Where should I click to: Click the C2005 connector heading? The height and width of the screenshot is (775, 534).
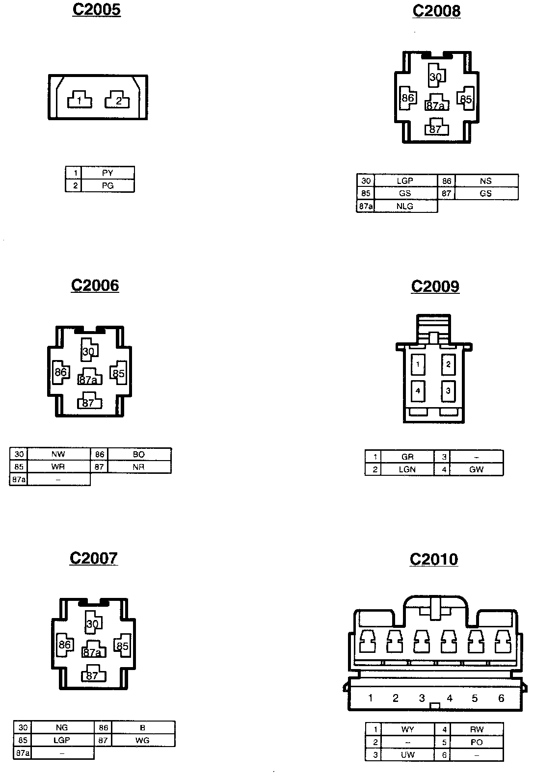click(x=96, y=10)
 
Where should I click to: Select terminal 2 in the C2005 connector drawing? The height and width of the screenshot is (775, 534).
click(x=118, y=101)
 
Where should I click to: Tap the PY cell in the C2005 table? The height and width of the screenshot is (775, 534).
click(x=107, y=173)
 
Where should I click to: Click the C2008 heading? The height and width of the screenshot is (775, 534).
click(x=436, y=11)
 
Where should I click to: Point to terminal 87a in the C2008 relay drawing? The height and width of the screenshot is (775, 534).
click(x=436, y=105)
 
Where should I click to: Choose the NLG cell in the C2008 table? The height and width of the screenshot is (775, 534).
click(x=405, y=207)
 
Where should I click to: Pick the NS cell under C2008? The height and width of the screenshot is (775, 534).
click(x=485, y=181)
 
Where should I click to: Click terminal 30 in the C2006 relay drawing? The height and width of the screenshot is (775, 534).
click(x=89, y=351)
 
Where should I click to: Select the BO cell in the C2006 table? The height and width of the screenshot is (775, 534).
click(x=139, y=454)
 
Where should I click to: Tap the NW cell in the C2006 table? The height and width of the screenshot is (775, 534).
click(x=58, y=454)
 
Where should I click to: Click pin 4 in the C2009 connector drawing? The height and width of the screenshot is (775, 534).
click(x=418, y=391)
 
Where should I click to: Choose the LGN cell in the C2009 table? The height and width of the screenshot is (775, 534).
click(x=407, y=469)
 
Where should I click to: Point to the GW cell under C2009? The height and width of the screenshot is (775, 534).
click(x=476, y=469)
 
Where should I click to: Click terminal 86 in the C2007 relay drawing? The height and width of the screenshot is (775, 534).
click(x=64, y=645)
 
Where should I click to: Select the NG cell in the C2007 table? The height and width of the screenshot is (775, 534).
click(x=62, y=727)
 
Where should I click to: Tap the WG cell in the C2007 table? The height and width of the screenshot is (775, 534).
click(x=142, y=740)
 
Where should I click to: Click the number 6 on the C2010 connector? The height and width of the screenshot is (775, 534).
click(x=501, y=698)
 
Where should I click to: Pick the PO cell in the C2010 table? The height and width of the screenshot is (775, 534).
click(x=477, y=742)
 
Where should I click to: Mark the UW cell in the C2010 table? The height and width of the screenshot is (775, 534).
click(x=407, y=755)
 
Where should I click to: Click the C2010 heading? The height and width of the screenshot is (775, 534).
click(x=434, y=559)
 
